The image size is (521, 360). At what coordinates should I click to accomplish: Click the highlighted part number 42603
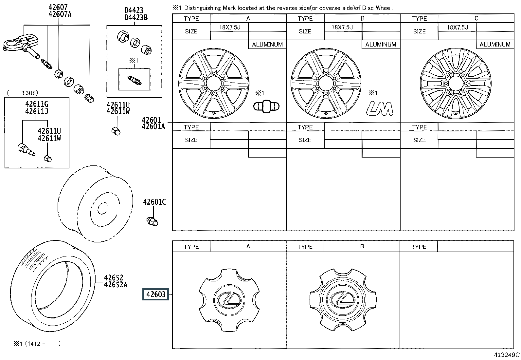156,294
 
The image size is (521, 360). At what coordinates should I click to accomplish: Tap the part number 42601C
154,202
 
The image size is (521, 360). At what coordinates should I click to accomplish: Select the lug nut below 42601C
153,221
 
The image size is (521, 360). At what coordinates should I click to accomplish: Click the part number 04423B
136,18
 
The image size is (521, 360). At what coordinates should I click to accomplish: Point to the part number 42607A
60,14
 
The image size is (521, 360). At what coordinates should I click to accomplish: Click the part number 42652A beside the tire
116,285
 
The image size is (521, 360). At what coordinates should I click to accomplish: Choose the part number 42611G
37,104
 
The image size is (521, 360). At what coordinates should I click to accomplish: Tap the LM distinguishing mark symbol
380,108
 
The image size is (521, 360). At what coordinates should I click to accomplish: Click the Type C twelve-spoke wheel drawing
456,84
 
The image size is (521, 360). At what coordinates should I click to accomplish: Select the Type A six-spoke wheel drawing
214,83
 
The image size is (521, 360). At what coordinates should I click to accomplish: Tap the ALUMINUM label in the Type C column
495,45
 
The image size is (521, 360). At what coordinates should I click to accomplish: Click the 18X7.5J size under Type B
342,27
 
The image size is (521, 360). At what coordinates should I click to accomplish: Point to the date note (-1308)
23,93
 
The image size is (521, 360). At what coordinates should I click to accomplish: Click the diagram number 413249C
507,355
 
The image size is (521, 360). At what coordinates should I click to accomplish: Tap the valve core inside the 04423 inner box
134,80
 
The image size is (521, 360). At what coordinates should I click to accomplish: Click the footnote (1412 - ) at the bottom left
37,344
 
